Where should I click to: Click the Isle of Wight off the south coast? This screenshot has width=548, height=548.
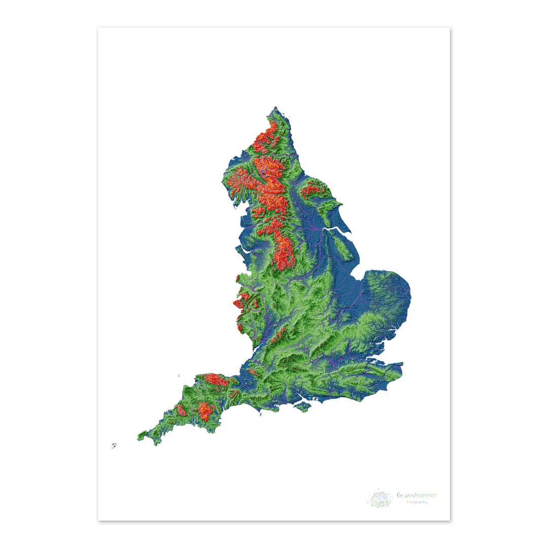[x=302, y=407]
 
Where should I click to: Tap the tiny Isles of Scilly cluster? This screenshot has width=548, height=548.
[x=114, y=446]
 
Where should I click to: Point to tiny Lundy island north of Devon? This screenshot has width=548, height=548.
[x=179, y=375]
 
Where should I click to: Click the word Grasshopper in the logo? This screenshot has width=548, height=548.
[x=416, y=495]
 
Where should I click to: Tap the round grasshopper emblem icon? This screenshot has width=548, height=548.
[x=381, y=498]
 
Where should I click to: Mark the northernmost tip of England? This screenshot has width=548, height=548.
[x=276, y=108]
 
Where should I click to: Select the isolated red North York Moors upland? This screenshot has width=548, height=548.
[x=314, y=190]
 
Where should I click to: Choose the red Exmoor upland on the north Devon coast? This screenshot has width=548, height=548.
[x=217, y=379]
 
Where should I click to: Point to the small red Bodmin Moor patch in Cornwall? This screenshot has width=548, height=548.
[x=181, y=410]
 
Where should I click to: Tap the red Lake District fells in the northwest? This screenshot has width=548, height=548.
[x=241, y=180]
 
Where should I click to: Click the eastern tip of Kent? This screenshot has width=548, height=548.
[x=402, y=364]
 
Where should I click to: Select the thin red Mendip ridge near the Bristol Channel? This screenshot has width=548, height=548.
[x=252, y=372]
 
